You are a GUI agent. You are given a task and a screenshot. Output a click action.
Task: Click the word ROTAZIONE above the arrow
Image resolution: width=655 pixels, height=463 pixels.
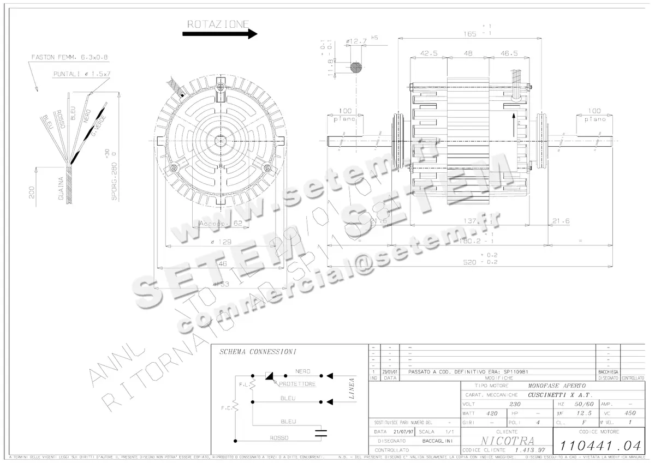[x=218, y=24]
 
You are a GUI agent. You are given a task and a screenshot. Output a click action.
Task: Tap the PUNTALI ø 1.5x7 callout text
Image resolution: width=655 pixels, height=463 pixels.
[x=82, y=73]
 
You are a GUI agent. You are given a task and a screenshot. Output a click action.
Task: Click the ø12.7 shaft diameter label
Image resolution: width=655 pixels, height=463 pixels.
[x=356, y=41]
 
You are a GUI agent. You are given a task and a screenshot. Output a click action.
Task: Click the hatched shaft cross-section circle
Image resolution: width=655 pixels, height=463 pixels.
[x=356, y=68]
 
